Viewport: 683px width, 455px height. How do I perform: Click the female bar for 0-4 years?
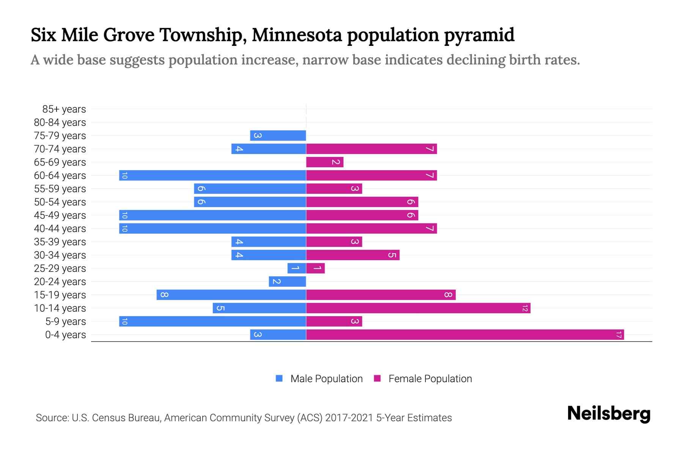click(x=465, y=334)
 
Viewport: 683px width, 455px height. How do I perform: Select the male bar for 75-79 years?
click(x=278, y=135)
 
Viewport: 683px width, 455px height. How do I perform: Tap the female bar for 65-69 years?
click(x=324, y=162)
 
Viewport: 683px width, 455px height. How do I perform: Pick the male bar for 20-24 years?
click(x=287, y=281)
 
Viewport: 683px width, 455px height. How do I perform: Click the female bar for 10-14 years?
click(x=418, y=308)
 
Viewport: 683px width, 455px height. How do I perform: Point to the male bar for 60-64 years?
click(x=212, y=175)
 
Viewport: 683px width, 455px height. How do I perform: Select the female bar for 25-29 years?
click(x=315, y=268)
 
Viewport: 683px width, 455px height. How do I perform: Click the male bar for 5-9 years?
click(x=212, y=321)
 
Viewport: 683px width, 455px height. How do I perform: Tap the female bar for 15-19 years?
click(x=381, y=295)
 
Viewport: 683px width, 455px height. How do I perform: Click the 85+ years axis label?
click(x=64, y=109)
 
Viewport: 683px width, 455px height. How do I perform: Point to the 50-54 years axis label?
click(x=60, y=202)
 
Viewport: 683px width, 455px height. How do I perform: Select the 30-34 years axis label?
click(x=60, y=255)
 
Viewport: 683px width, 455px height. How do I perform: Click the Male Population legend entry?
click(x=319, y=378)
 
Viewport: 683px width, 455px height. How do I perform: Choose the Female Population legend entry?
click(x=423, y=378)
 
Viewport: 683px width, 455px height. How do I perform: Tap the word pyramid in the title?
click(x=479, y=35)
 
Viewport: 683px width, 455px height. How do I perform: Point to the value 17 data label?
click(x=618, y=334)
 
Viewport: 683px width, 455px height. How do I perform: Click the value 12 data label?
click(x=525, y=308)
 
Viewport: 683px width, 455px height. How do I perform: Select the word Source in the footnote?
click(x=51, y=418)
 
